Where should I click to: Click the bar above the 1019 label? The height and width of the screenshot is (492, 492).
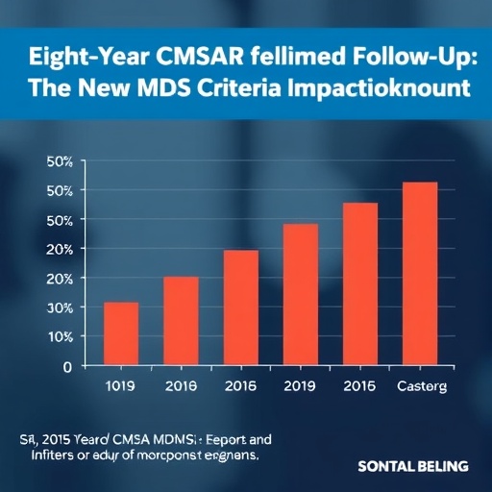point(121,330)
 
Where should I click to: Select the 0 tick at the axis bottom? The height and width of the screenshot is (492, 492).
point(67,366)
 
